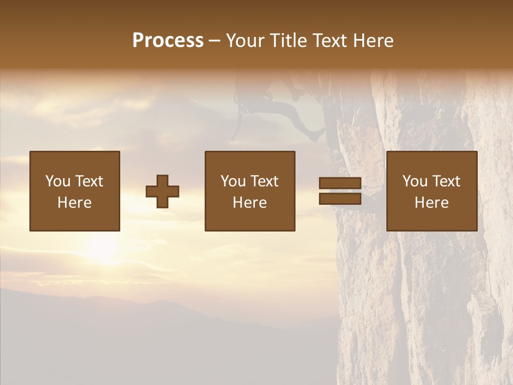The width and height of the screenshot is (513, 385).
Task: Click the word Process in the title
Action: click(x=168, y=41)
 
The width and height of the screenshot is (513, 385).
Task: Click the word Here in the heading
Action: click(x=374, y=41)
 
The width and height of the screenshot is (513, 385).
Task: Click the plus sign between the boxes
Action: click(x=162, y=191)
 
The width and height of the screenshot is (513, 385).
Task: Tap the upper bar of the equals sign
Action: click(x=340, y=183)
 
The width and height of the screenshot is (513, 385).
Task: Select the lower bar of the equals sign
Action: click(x=340, y=199)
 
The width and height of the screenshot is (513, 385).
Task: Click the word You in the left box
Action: click(x=57, y=181)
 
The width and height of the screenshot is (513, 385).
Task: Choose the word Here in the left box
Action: click(x=74, y=203)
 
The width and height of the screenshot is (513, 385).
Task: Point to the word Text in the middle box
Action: click(x=263, y=181)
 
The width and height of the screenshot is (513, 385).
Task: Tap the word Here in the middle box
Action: click(x=250, y=203)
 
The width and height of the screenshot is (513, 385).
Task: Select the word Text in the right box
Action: click(x=445, y=181)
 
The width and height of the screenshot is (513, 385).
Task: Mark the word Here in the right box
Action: click(x=431, y=203)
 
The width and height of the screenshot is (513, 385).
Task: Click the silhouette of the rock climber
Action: click(x=289, y=107)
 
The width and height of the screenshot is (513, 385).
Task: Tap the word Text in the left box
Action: click(x=88, y=181)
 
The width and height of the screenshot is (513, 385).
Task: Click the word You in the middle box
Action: click(x=232, y=181)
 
